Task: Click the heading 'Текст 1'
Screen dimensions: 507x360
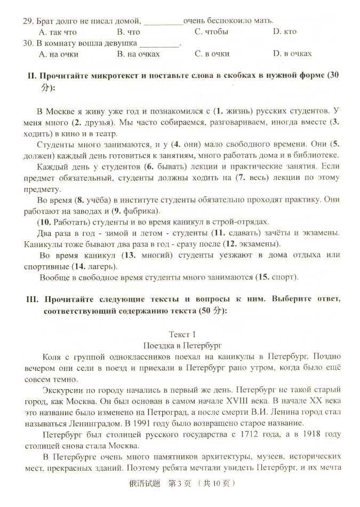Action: [182, 335]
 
